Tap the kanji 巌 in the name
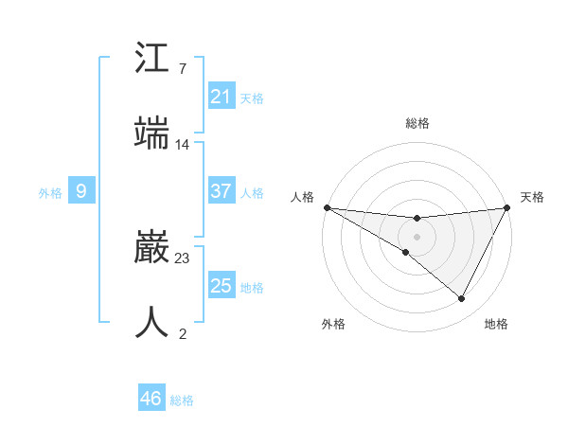[152, 249]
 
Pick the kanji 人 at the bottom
[152, 323]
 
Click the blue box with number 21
[222, 97]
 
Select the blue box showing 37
[222, 191]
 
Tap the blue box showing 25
[222, 286]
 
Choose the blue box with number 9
[81, 191]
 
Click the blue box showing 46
[151, 399]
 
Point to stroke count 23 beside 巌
[183, 258]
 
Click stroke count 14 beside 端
[183, 145]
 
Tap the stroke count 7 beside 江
[183, 69]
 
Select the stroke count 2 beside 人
[183, 333]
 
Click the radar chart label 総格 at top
[417, 123]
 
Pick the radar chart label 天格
[532, 197]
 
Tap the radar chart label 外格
[333, 324]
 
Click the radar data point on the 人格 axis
[327, 207]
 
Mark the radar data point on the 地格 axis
[462, 299]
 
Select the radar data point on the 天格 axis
[507, 207]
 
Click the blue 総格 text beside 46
[182, 400]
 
